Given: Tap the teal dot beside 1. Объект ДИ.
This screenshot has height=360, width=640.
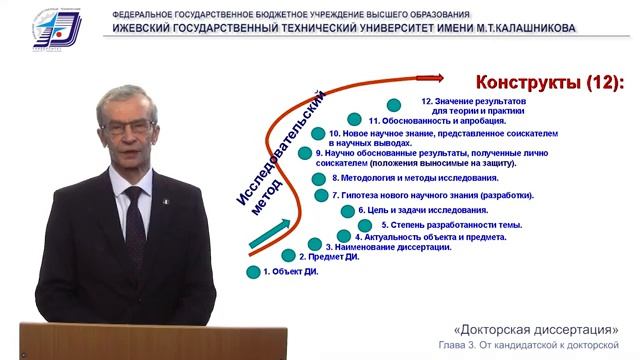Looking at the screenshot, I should click(x=253, y=271).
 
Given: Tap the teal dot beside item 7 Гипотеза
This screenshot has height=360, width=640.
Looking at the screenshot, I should click(x=321, y=196).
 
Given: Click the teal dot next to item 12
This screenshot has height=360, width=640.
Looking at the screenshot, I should click(x=394, y=104).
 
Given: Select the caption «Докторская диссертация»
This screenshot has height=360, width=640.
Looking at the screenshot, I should click(x=535, y=330).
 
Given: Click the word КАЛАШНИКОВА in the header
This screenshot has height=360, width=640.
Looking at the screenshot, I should click(x=532, y=28).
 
